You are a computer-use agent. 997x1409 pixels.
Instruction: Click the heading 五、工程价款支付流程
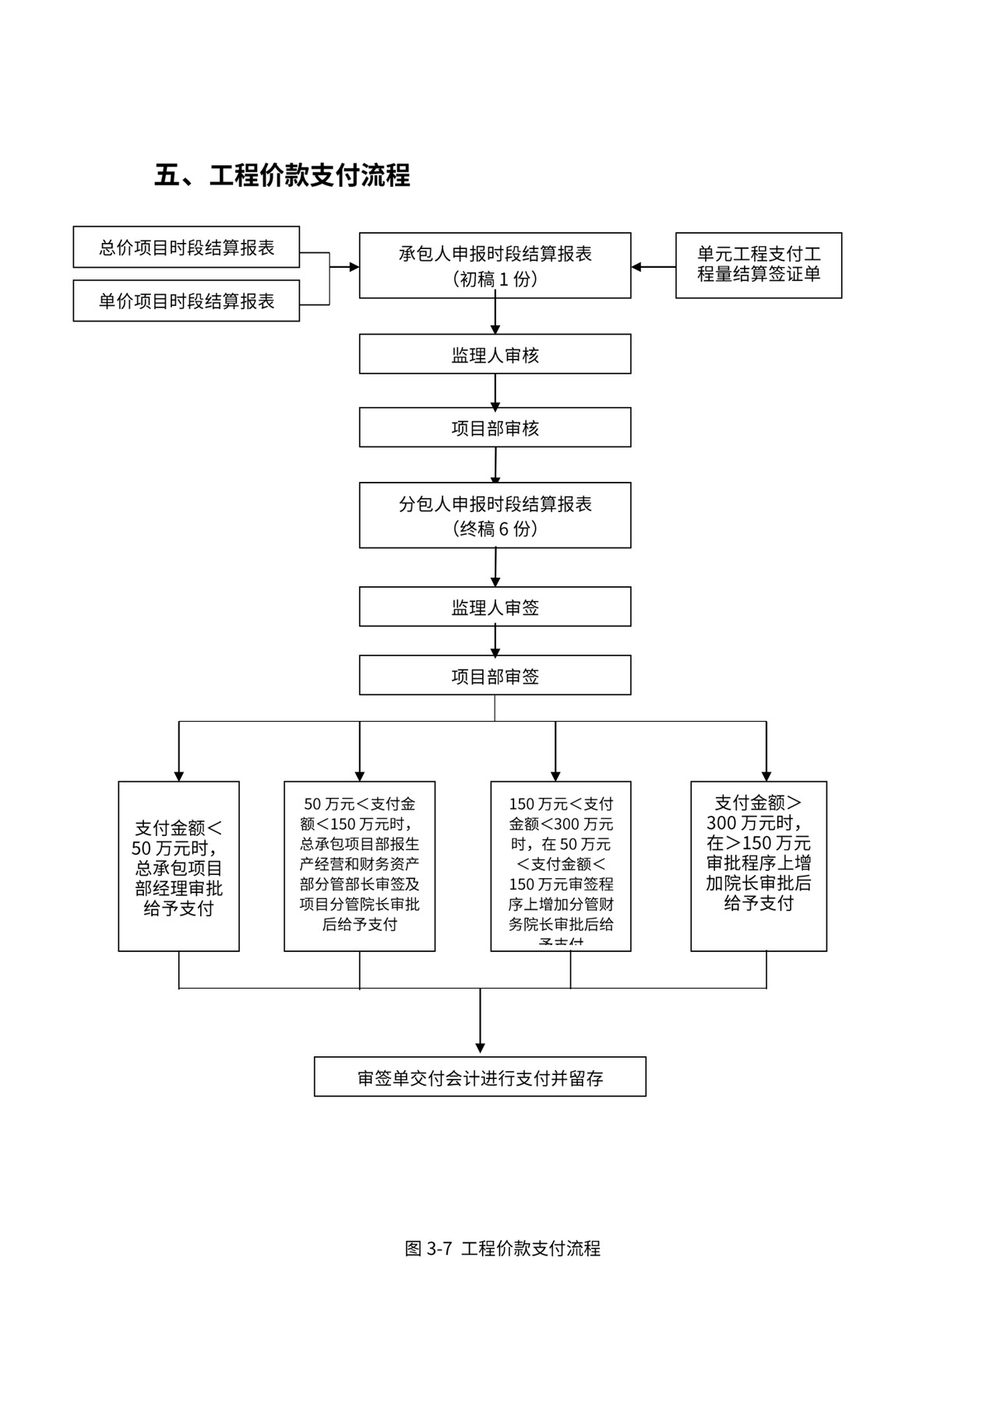[282, 175]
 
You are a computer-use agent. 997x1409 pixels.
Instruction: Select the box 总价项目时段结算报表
[186, 248]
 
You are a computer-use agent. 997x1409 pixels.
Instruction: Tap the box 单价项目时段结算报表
[186, 301]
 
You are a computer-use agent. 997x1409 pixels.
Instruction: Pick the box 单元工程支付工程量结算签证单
[758, 265]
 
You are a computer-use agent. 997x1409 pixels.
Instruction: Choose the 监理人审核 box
[495, 355]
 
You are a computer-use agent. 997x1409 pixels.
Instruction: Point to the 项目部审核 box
[495, 428]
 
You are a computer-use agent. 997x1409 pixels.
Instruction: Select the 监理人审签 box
[495, 607]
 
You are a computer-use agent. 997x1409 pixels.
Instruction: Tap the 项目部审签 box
[495, 676]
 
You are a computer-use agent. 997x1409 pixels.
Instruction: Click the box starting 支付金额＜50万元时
[178, 866]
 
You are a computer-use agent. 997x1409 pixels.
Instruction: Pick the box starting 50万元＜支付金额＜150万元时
[359, 866]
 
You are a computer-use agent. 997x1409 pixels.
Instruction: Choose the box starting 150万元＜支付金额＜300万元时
[560, 866]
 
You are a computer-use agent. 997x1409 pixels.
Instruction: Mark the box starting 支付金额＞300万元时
[758, 866]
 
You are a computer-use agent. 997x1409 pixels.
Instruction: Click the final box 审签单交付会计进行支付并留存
[480, 1077]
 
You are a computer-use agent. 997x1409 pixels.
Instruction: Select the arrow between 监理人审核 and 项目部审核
[495, 392]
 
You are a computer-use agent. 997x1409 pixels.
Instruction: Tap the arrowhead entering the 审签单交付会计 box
[480, 1048]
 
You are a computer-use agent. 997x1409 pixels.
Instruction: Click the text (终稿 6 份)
[495, 529]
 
